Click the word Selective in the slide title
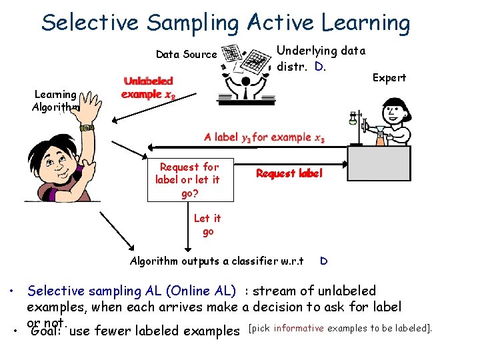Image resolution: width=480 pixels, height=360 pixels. tap(89, 23)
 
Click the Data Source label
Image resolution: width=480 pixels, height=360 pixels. tap(186, 55)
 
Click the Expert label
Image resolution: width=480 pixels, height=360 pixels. tap(389, 78)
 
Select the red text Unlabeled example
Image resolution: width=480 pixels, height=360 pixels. tap(149, 87)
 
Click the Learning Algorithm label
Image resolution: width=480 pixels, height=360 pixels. tap(56, 101)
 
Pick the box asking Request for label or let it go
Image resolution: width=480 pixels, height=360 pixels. tap(191, 180)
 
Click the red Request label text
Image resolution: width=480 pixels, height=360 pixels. tap(289, 173)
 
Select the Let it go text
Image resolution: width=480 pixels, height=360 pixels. tap(207, 225)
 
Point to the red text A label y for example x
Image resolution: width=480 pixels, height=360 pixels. tap(264, 138)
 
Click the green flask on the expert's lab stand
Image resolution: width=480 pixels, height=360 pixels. tap(353, 120)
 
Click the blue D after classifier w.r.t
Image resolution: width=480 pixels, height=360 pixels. tap(323, 261)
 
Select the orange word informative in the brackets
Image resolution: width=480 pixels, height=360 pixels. tap(299, 328)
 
